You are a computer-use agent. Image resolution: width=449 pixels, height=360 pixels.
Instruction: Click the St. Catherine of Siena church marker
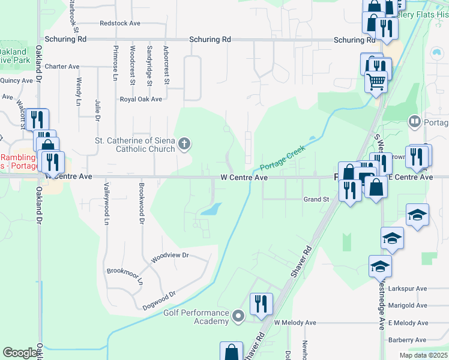point(184,144)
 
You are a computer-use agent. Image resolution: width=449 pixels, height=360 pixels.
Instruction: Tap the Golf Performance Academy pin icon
point(239,315)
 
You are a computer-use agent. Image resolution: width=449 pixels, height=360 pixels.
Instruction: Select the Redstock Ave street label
point(120,23)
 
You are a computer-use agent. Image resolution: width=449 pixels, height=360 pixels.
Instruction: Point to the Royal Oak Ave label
point(141,99)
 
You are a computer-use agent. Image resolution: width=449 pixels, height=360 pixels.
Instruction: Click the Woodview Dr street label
point(170,256)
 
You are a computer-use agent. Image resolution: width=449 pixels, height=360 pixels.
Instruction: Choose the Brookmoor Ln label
point(125,275)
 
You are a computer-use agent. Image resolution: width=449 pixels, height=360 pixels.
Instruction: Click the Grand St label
point(316,199)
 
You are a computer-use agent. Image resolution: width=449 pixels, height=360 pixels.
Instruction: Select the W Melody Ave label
point(295,323)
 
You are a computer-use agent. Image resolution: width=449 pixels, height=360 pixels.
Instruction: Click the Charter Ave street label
point(62,67)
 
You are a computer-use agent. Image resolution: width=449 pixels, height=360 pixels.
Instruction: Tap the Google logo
point(20,353)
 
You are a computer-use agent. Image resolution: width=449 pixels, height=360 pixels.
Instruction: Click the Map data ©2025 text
point(423,355)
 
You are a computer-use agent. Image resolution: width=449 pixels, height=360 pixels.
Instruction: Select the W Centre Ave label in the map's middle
point(244,178)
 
